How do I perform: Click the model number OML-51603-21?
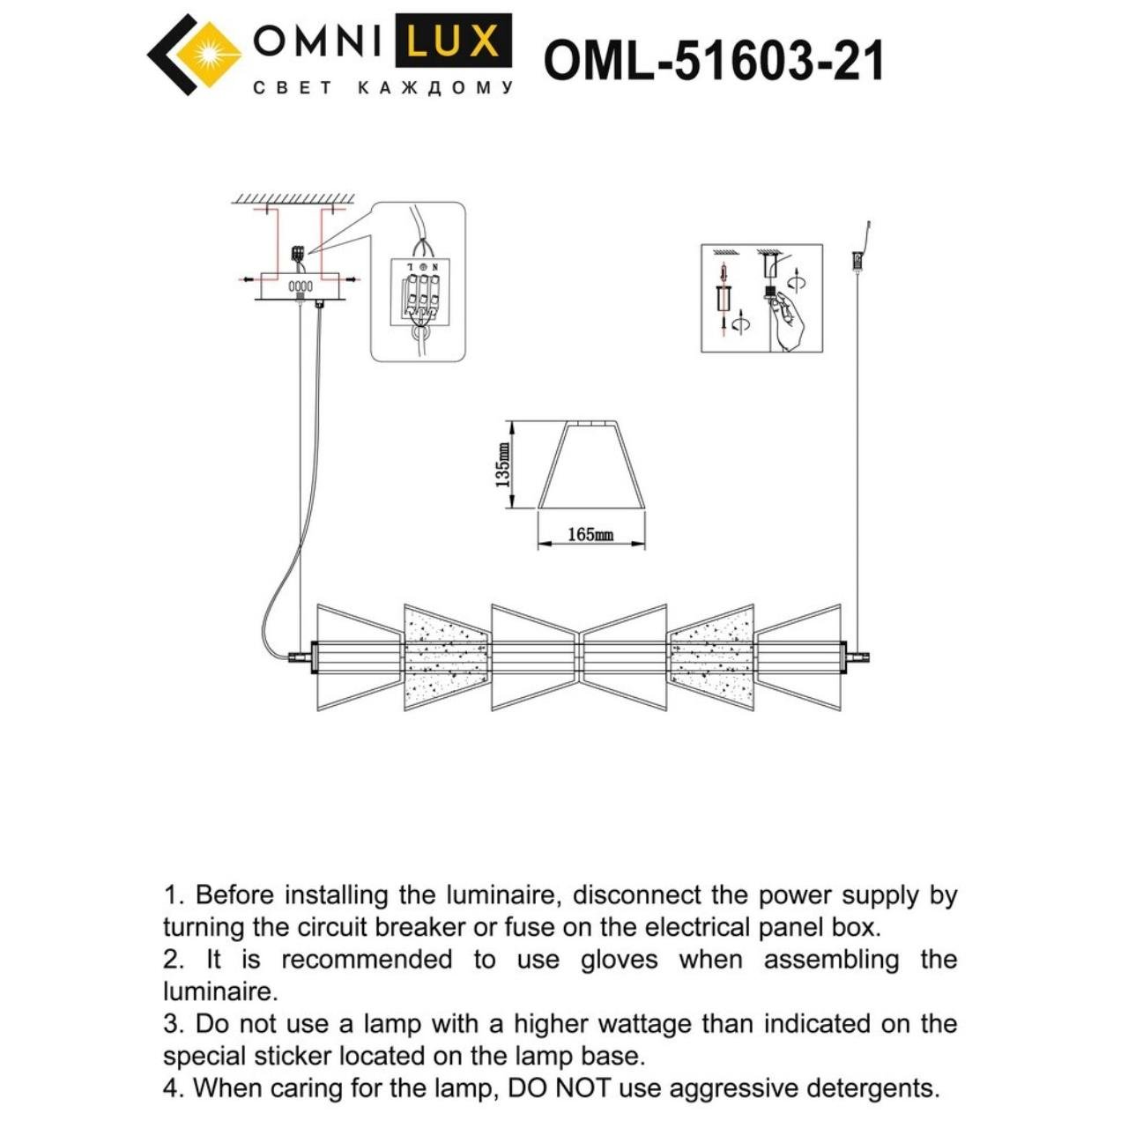pyautogui.click(x=713, y=62)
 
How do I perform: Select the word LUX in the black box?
pyautogui.click(x=453, y=41)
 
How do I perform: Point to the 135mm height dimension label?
pyautogui.click(x=503, y=465)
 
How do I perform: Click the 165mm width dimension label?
pyautogui.click(x=590, y=535)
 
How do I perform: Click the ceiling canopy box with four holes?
pyautogui.click(x=301, y=286)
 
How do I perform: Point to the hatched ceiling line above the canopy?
pyautogui.click(x=293, y=197)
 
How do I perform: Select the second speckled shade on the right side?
pyautogui.click(x=711, y=657)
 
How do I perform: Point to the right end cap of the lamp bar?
pyautogui.click(x=857, y=657)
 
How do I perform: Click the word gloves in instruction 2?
pyautogui.click(x=619, y=960)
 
